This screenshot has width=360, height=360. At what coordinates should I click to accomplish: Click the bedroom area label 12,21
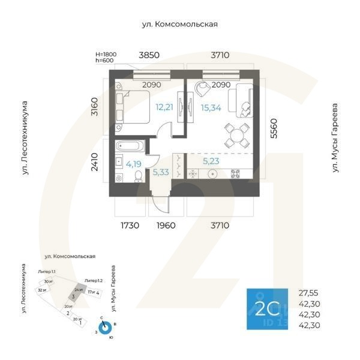click(164, 108)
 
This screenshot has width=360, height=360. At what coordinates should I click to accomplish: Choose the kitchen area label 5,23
click(211, 161)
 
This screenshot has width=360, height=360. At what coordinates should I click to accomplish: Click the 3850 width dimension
click(149, 55)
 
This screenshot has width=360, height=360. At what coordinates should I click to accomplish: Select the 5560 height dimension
click(274, 129)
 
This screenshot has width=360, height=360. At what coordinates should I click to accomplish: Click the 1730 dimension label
click(129, 226)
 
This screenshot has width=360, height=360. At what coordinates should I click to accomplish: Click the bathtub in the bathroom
click(130, 146)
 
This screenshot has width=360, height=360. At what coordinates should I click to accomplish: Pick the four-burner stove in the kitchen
click(236, 175)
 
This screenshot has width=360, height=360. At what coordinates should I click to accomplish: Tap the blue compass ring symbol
click(105, 328)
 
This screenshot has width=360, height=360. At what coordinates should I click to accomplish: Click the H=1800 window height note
click(106, 54)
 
